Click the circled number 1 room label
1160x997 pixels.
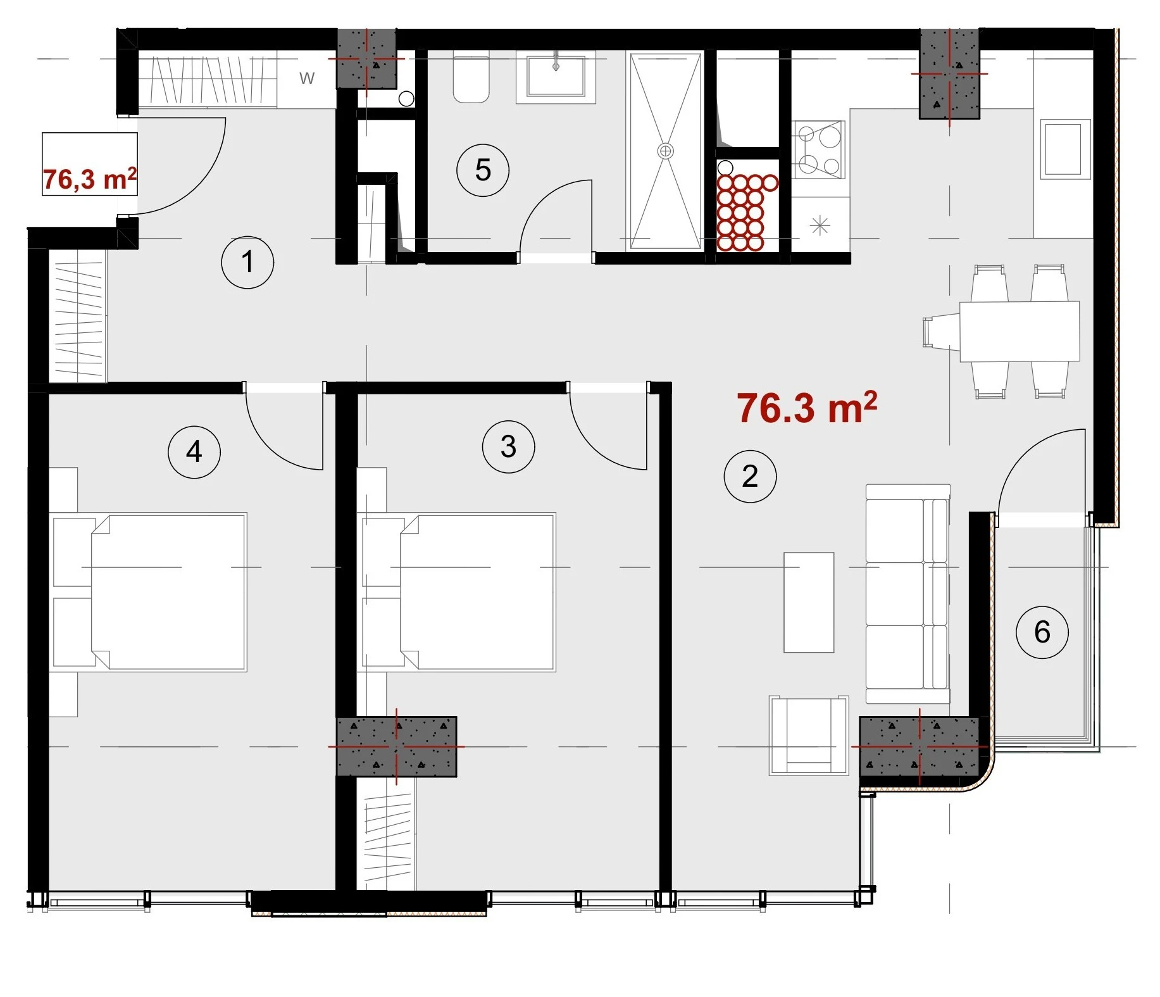pos(247,262)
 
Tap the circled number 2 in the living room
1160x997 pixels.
pos(750,476)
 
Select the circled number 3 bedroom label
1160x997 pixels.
pos(508,447)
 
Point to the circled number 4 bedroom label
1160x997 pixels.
pos(194,451)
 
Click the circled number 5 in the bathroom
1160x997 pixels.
pos(483,170)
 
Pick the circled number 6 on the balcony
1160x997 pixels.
pos(1042,632)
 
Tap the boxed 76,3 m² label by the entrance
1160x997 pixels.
pos(89,179)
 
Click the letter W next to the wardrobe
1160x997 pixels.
pos(307,78)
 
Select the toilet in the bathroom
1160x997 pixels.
pos(471,80)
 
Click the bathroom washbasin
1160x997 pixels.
pos(556,77)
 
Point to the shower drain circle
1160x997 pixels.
pos(666,151)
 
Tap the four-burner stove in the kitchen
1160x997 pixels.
pos(819,150)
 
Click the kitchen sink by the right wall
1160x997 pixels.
pos(1065,149)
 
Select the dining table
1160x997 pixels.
pos(1020,331)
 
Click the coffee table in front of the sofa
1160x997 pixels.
pos(809,602)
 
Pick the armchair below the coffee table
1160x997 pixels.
pos(809,736)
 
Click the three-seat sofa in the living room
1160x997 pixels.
pos(908,594)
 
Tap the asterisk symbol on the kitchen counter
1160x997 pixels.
pos(820,225)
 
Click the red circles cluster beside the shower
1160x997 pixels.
pos(745,212)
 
